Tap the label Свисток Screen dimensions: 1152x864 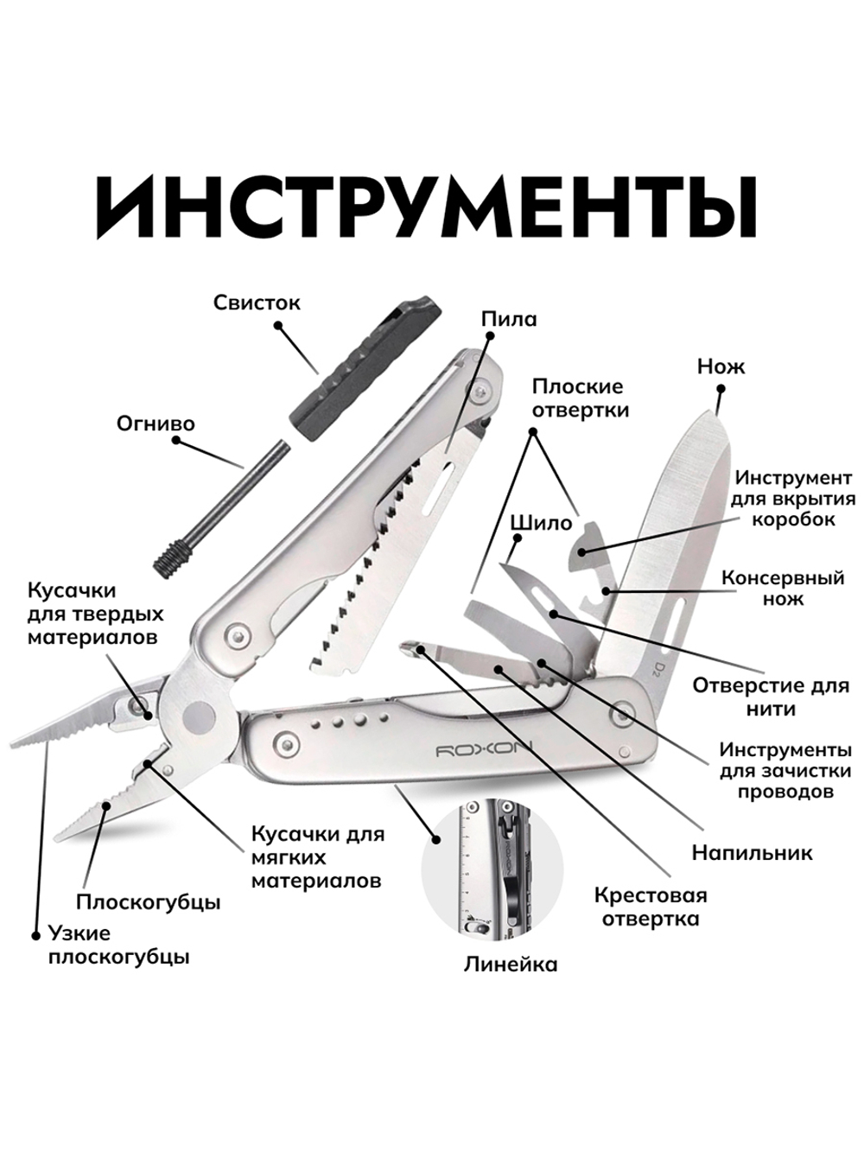(x=257, y=302)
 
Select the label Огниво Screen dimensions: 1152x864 (x=156, y=423)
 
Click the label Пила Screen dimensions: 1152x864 (x=509, y=319)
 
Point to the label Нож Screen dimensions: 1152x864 (x=721, y=366)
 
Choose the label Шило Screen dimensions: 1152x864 (x=541, y=523)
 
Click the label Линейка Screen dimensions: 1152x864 (x=510, y=964)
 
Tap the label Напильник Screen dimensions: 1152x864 (x=752, y=853)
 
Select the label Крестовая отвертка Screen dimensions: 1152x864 (x=651, y=907)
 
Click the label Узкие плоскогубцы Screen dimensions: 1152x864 (x=118, y=945)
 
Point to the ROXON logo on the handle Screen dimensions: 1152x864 (x=484, y=748)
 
